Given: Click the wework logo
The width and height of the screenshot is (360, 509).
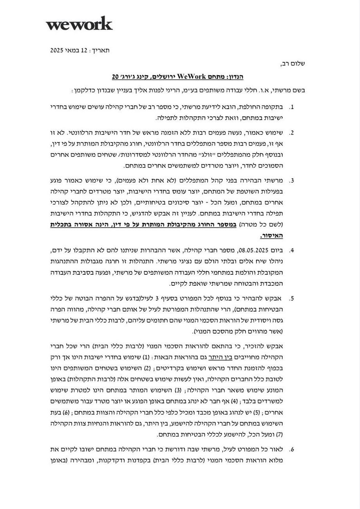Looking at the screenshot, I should coord(79,24).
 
